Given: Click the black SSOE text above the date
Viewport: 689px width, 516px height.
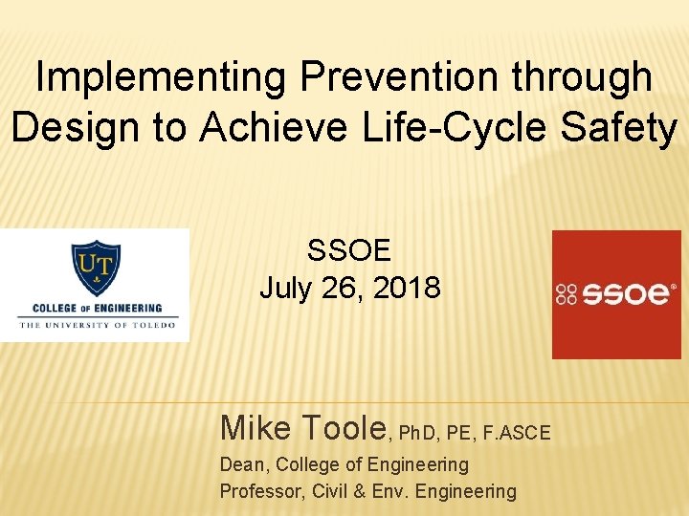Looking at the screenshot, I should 349,250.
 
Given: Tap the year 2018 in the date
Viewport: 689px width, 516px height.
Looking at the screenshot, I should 408,287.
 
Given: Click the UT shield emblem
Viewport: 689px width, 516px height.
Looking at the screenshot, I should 95,269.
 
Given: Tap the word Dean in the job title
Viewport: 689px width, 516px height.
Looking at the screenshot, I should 241,465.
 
